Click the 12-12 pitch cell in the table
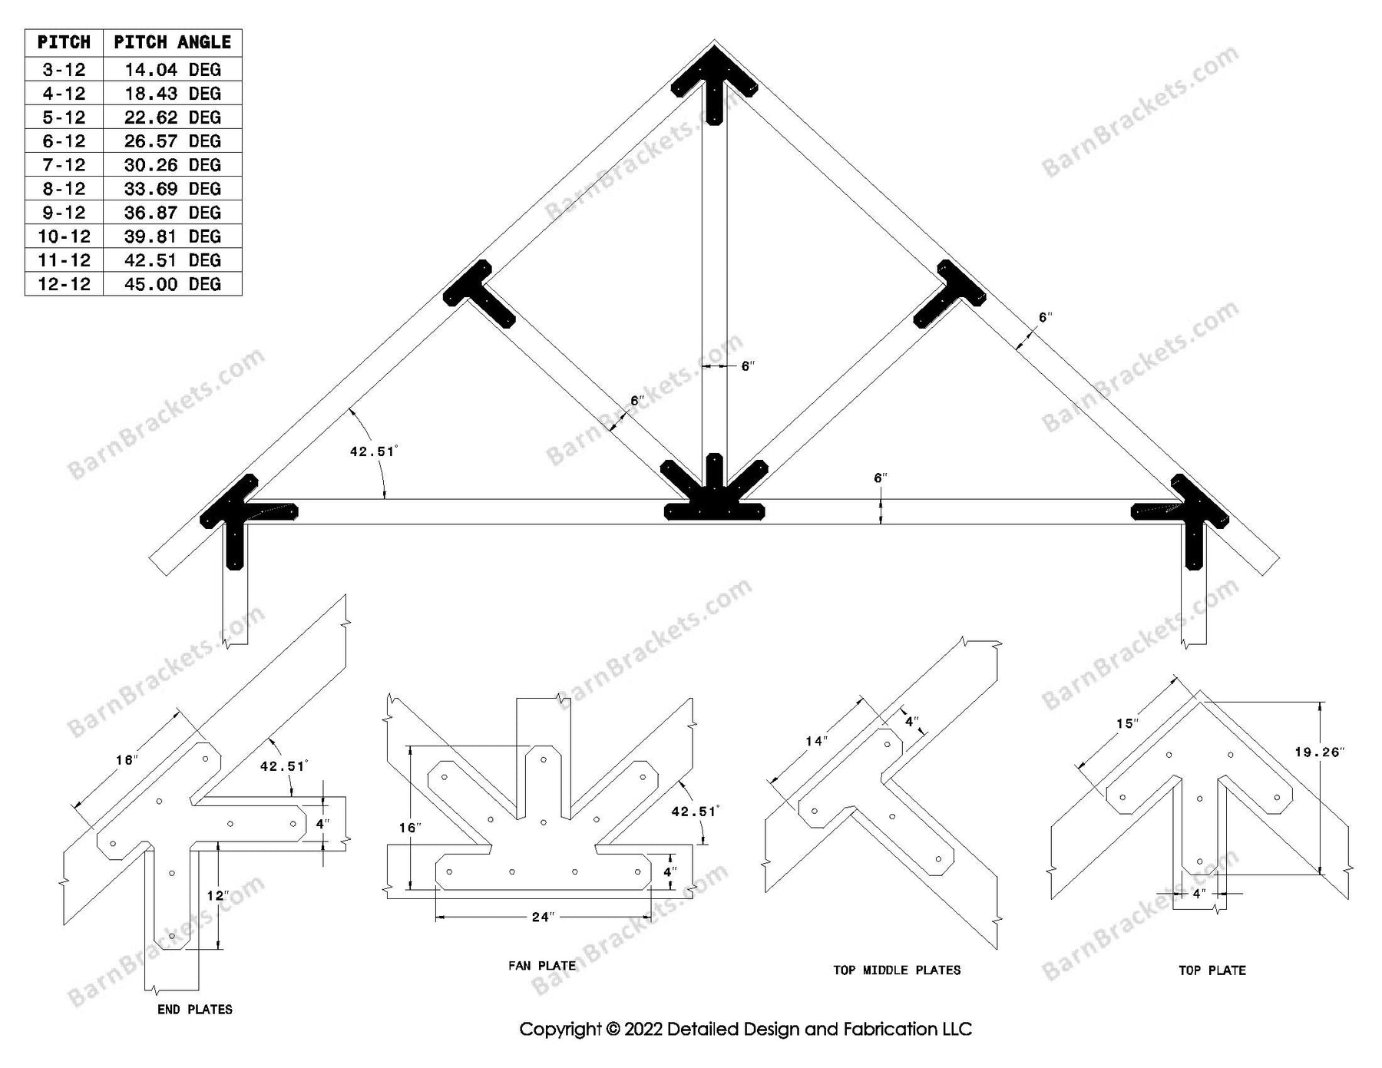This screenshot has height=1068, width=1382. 64,284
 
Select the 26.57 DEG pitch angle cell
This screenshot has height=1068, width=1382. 172,141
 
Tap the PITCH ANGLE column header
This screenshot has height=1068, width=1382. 172,42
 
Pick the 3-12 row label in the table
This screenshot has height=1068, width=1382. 64,70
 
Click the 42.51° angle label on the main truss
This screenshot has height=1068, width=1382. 373,451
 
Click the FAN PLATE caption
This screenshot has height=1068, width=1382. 541,966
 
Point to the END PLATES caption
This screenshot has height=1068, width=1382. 195,1010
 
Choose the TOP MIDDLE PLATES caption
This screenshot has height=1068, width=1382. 897,970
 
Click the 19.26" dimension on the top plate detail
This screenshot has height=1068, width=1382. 1319,752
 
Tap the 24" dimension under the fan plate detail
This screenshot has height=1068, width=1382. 542,918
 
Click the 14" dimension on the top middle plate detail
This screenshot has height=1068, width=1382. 816,741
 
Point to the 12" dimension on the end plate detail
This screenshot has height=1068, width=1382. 217,895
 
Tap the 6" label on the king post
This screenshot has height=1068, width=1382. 748,367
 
